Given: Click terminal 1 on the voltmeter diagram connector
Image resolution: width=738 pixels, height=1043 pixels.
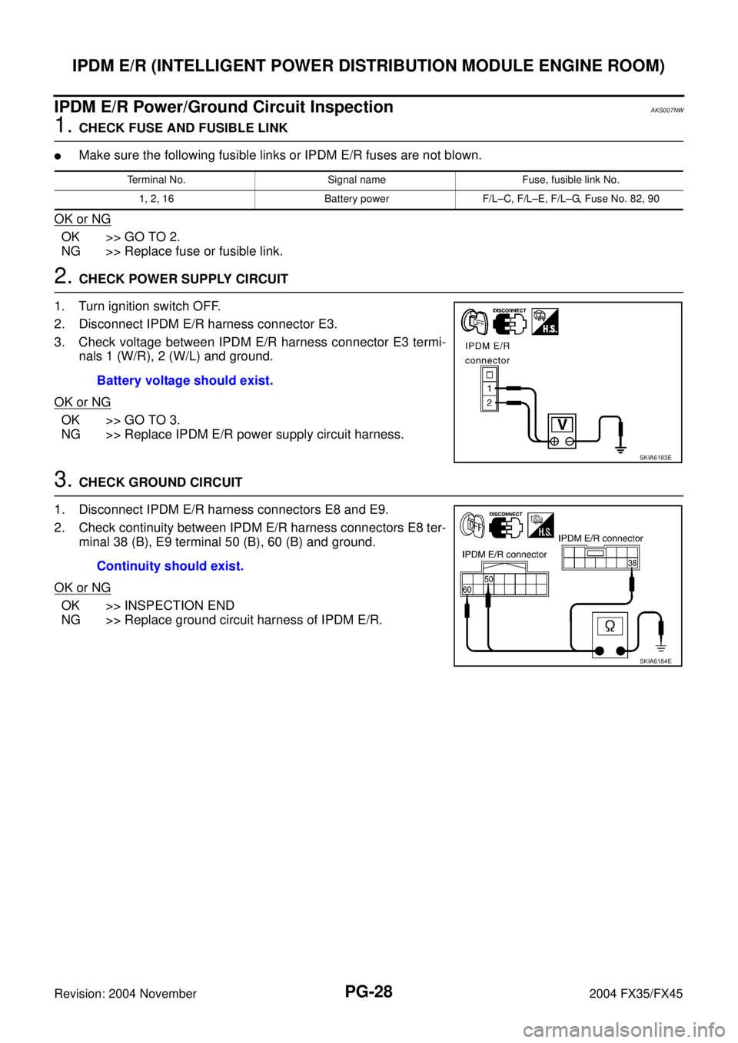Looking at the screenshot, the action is point(489,389).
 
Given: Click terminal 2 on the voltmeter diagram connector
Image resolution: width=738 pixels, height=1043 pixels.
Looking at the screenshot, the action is point(489,402).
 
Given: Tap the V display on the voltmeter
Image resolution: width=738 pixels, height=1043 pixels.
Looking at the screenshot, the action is point(562,424).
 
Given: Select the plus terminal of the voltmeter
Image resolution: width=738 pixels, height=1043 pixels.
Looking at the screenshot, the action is point(554,441).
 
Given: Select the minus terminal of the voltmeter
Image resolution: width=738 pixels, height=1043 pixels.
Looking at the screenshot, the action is point(570,441).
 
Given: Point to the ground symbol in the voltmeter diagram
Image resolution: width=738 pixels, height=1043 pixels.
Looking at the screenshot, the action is point(620,448).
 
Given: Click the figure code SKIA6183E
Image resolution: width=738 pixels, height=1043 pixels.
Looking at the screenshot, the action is point(655,457).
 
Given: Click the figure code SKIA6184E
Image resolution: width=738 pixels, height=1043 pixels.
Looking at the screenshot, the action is point(655,661).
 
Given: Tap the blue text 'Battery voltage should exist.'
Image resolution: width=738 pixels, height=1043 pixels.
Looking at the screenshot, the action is point(184,381).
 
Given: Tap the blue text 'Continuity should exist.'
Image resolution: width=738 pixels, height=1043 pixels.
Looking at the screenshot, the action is point(170,567).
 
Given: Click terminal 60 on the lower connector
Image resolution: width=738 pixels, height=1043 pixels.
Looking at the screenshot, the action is point(467,589).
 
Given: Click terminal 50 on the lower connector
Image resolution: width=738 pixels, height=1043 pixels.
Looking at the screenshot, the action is point(488,578).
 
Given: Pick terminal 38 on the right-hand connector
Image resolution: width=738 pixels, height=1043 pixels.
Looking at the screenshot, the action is point(632,563).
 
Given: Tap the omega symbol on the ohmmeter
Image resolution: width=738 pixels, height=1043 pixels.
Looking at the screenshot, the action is point(610,627).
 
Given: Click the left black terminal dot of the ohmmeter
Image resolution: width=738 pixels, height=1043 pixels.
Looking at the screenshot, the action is point(598,652).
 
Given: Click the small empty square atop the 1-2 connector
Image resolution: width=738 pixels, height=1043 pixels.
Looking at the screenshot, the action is point(489,375).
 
